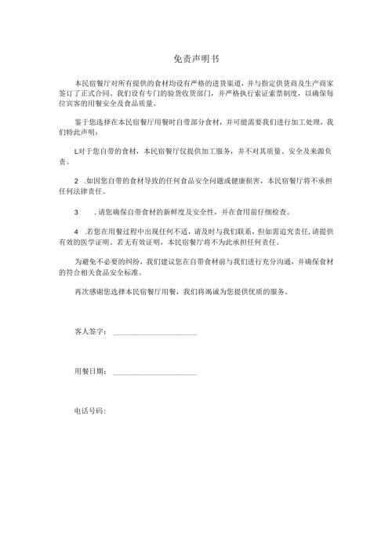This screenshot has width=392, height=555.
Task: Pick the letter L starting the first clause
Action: (76, 150)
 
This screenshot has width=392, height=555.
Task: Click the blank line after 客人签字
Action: (154, 334)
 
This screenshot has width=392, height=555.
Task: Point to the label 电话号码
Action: (89, 410)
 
